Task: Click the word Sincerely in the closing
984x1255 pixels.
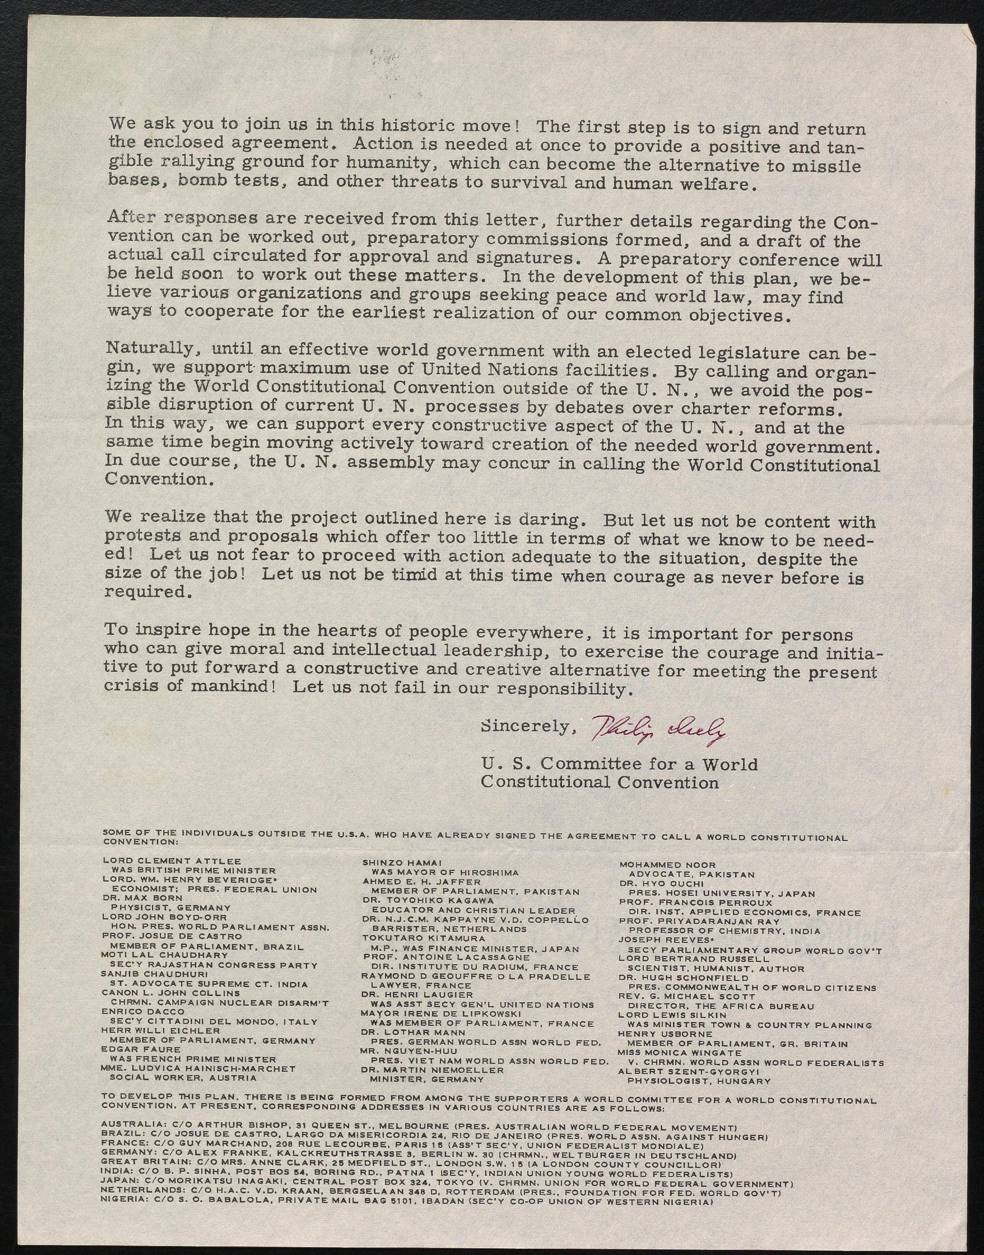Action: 524,727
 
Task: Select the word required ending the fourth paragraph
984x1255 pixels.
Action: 146,592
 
